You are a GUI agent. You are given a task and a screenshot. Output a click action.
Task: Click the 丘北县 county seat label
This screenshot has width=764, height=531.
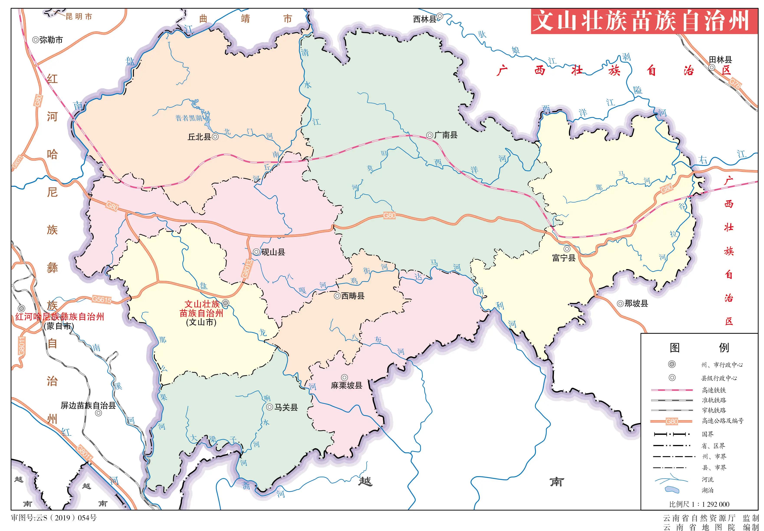199,137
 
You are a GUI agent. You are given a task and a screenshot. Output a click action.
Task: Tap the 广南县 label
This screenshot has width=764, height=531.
446,135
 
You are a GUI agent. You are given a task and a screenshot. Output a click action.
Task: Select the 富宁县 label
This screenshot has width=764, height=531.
564,258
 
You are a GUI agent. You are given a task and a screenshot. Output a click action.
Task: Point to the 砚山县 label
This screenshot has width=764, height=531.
273,252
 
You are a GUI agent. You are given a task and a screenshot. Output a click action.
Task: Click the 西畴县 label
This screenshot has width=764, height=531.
353,296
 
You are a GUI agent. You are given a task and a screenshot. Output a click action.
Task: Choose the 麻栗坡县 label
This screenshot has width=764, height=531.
346,385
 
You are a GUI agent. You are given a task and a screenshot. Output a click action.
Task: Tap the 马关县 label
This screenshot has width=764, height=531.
286,407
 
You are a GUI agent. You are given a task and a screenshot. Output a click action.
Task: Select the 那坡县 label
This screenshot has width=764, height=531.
636,303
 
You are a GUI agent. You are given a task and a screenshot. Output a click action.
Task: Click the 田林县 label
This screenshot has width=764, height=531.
720,60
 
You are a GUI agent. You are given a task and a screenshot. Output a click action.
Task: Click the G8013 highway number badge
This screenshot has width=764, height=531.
246,268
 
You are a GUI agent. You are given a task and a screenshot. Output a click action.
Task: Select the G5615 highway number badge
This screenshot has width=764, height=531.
102,299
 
